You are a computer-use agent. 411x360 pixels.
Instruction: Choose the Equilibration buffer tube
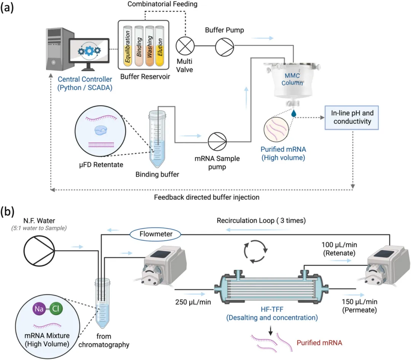point(126,49)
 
